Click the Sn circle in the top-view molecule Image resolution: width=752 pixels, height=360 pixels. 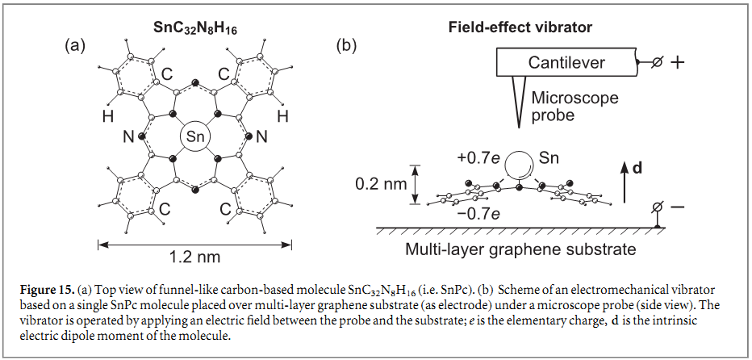tap(195, 136)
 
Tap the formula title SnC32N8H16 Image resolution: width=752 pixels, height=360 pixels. tap(195, 28)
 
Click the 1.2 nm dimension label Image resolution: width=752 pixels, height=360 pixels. tap(194, 257)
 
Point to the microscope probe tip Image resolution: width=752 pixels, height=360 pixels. tap(520, 128)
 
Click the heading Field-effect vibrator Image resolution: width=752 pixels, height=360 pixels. tap(520, 27)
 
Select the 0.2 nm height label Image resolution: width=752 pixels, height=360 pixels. tap(382, 184)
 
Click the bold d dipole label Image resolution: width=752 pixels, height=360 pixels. tap(637, 168)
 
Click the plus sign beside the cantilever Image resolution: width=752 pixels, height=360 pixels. tap(677, 63)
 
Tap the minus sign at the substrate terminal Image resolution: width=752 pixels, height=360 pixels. tap(677, 207)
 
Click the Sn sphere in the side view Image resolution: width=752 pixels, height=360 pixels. tap(520, 165)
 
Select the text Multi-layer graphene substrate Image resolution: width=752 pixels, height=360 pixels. tap(520, 249)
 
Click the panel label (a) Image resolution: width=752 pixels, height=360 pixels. tap(75, 45)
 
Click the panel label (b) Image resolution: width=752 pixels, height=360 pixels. tap(346, 45)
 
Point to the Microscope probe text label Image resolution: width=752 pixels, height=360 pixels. tap(575, 106)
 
